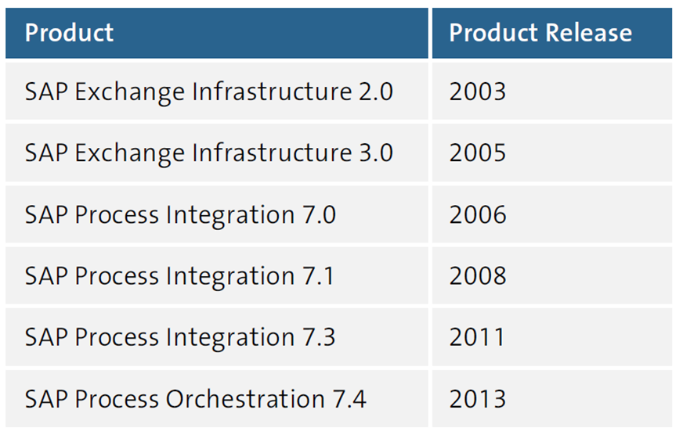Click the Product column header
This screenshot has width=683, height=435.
tap(69, 33)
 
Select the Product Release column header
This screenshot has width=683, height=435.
tap(540, 33)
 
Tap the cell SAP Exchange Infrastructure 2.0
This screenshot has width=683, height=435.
tap(208, 92)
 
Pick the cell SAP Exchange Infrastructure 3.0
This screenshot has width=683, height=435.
tap(208, 153)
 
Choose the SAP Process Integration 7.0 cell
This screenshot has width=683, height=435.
tap(180, 214)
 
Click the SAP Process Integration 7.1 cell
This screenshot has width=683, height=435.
tap(179, 275)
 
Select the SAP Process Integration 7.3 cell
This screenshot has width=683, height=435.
tap(180, 337)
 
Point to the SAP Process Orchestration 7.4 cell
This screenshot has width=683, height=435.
tap(195, 399)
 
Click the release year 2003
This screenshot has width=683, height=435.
tap(478, 92)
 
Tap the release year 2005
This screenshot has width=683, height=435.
tap(478, 153)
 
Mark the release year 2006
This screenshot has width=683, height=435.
tap(478, 214)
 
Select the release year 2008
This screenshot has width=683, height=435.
tap(478, 275)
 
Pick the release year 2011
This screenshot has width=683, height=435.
tap(477, 337)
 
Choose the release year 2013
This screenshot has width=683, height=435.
tap(478, 399)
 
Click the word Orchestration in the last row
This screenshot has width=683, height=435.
tap(245, 399)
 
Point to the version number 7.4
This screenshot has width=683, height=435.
tap(349, 399)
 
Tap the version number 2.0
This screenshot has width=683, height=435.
tap(375, 92)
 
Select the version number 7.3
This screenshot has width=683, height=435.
tap(319, 337)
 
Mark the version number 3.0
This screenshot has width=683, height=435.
tap(375, 153)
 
